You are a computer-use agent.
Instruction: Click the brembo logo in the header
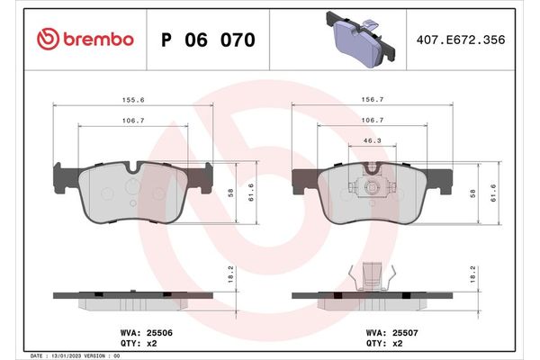click(x=86, y=39)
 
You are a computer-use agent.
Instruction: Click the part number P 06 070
click(x=207, y=40)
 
